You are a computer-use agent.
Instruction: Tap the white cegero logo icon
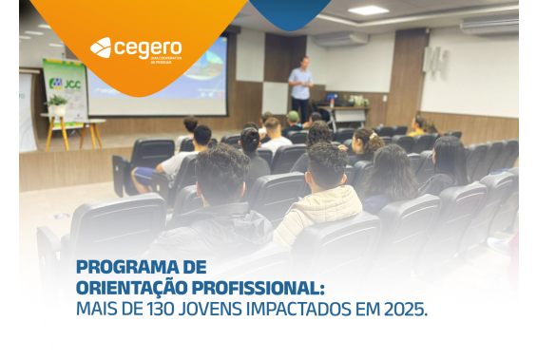click(x=100, y=47)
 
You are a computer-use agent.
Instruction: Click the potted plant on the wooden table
click(x=58, y=104)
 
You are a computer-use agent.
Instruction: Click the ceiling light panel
click(x=368, y=10)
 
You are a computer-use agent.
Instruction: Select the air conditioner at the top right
click(x=489, y=25)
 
